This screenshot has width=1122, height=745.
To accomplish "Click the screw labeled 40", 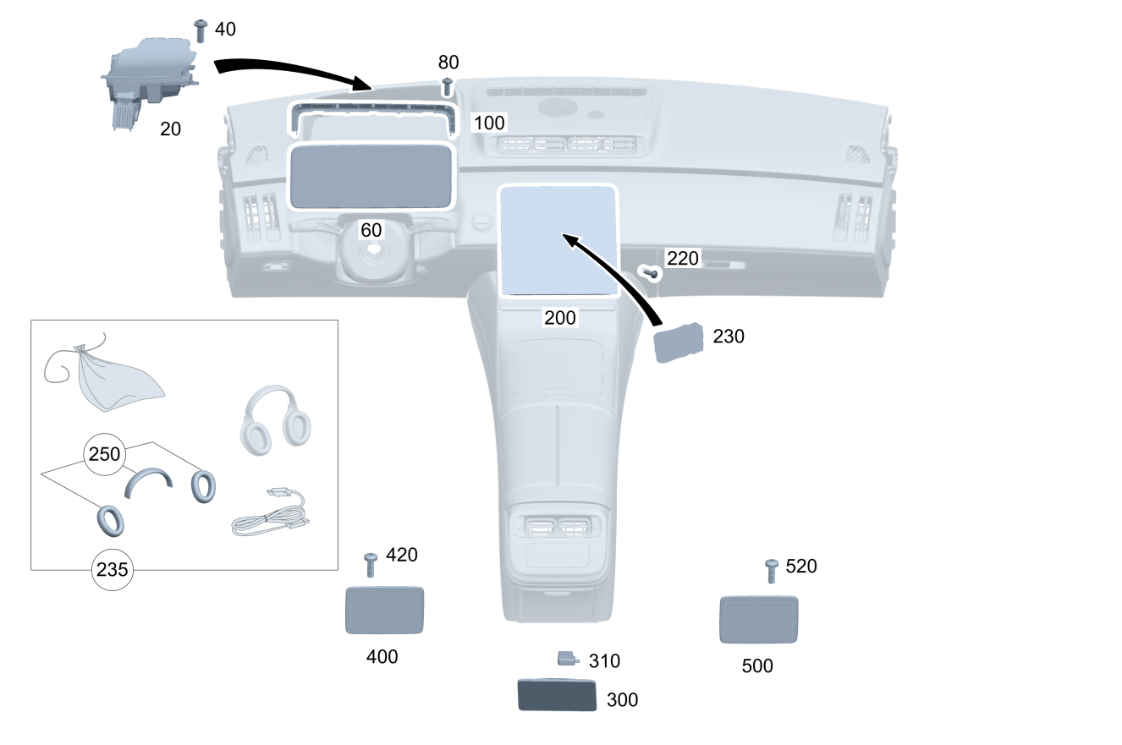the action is (201, 30).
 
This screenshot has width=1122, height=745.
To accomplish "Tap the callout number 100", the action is (488, 123).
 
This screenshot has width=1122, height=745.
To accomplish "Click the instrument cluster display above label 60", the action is (372, 176).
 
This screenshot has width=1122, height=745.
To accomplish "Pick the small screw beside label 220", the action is (652, 273).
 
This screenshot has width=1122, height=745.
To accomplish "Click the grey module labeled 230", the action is (679, 342).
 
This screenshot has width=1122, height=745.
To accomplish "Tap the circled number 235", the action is (112, 570).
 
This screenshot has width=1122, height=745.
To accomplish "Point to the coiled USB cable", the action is (269, 518).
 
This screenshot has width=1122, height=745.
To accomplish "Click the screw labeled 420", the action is (370, 564).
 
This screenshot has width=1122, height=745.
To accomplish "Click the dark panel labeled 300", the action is (556, 695).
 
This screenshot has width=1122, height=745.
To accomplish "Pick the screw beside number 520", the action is (771, 570).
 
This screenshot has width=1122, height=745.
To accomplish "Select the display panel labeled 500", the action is (758, 619).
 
